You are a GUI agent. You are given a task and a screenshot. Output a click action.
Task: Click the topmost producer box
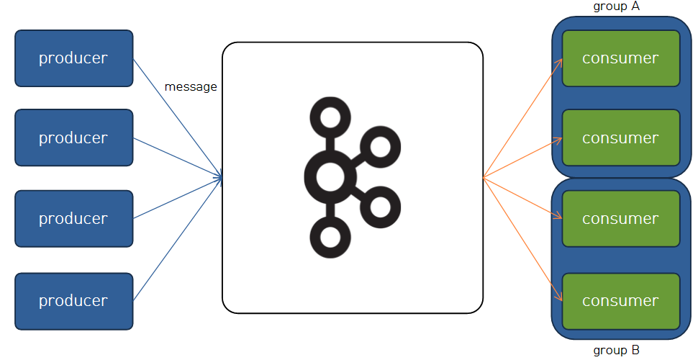(73, 58)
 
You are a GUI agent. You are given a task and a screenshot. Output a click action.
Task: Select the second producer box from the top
(73, 138)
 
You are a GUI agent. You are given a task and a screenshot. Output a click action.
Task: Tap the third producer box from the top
(73, 218)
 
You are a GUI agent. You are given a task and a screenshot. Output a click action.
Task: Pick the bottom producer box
(73, 301)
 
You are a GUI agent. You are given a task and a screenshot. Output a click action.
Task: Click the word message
(191, 87)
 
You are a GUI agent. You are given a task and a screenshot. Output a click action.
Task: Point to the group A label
(617, 6)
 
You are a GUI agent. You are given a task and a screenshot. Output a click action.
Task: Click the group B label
(617, 351)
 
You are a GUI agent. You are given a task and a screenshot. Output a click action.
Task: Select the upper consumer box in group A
(620, 58)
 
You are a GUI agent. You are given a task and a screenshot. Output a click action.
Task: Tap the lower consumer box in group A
(620, 138)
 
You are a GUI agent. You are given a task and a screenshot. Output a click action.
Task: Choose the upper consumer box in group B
(620, 218)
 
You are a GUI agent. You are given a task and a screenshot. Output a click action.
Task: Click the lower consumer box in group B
(620, 301)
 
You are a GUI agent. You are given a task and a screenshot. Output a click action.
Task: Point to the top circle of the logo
(330, 117)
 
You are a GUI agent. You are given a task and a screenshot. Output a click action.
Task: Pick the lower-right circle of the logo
(379, 207)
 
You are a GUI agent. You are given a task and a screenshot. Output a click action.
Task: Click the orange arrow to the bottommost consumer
(522, 238)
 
